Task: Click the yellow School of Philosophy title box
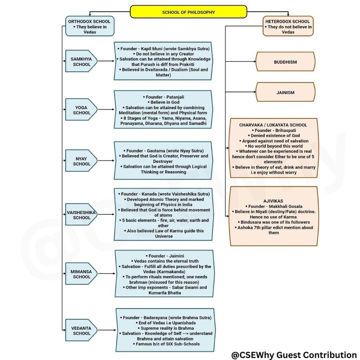188,12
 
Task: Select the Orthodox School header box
90,26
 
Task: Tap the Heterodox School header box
288,26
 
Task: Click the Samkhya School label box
81,62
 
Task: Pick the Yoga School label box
81,110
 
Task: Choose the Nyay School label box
81,161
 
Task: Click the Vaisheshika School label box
81,215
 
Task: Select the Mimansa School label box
81,274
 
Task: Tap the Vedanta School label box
81,330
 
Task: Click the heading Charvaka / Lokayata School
273,125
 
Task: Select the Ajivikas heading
273,201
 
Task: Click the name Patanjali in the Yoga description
173,97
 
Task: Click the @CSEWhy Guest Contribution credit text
294,354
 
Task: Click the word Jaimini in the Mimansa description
173,256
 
